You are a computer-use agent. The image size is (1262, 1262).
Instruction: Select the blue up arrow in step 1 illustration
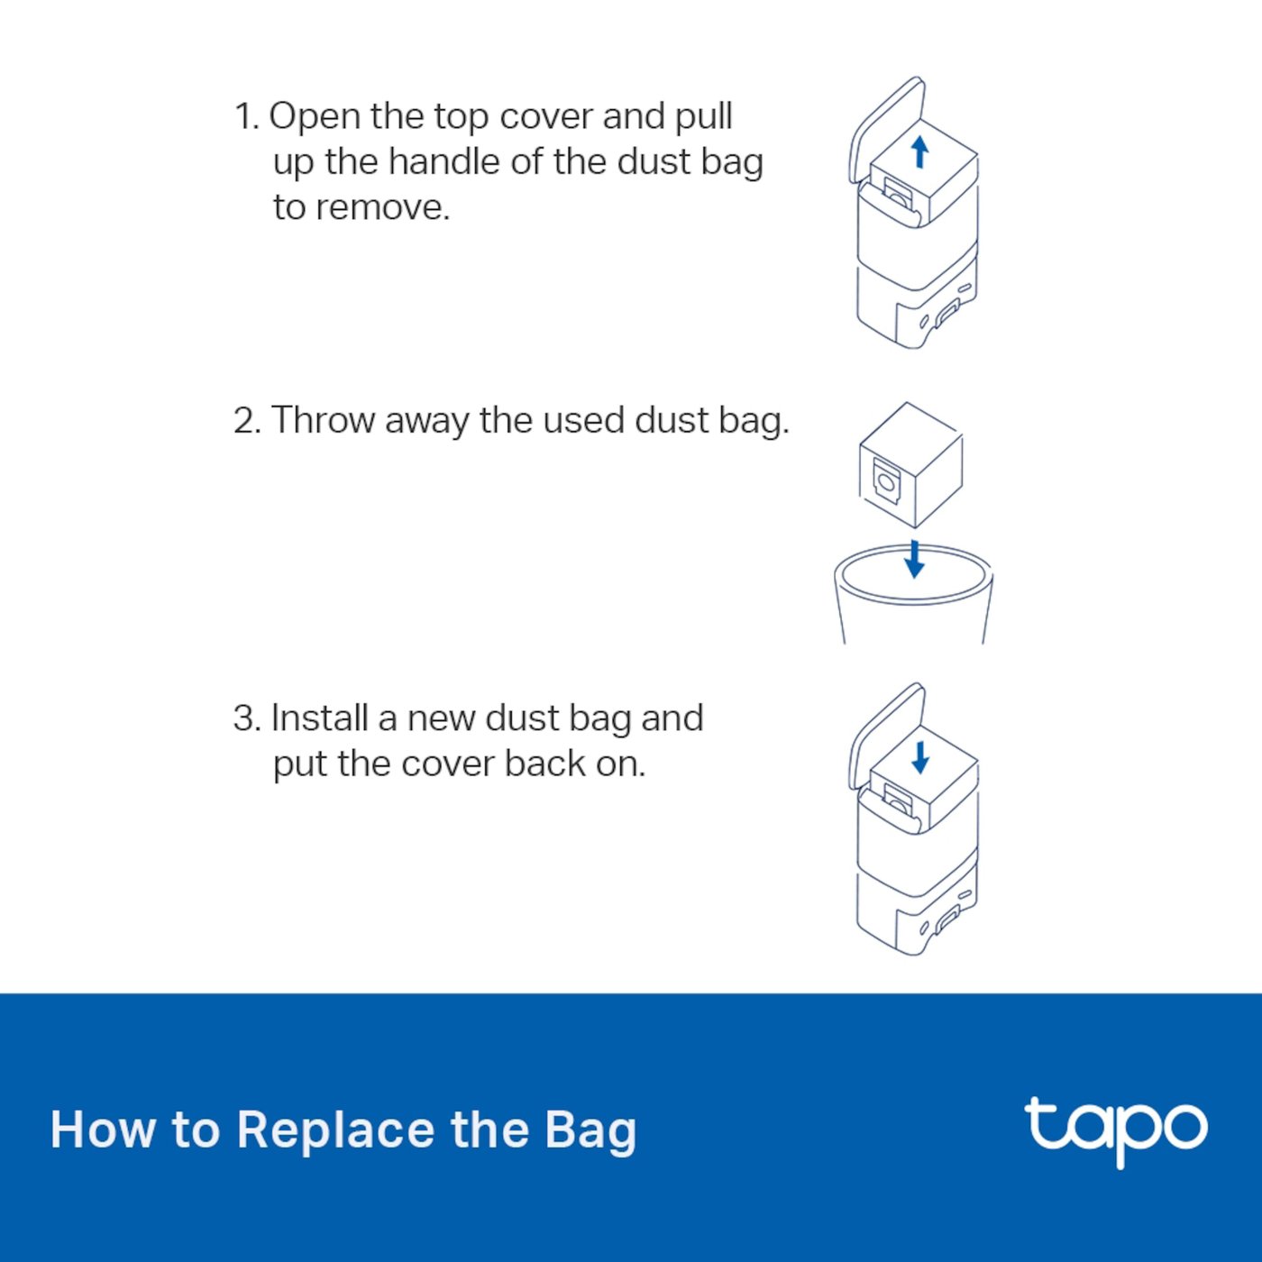click(920, 151)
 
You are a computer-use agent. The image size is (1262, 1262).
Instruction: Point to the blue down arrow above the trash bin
click(914, 559)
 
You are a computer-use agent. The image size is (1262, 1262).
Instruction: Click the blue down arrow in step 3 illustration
click(920, 758)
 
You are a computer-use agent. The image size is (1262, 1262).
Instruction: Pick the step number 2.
click(247, 420)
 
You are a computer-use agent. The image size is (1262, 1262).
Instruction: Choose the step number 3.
click(247, 718)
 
